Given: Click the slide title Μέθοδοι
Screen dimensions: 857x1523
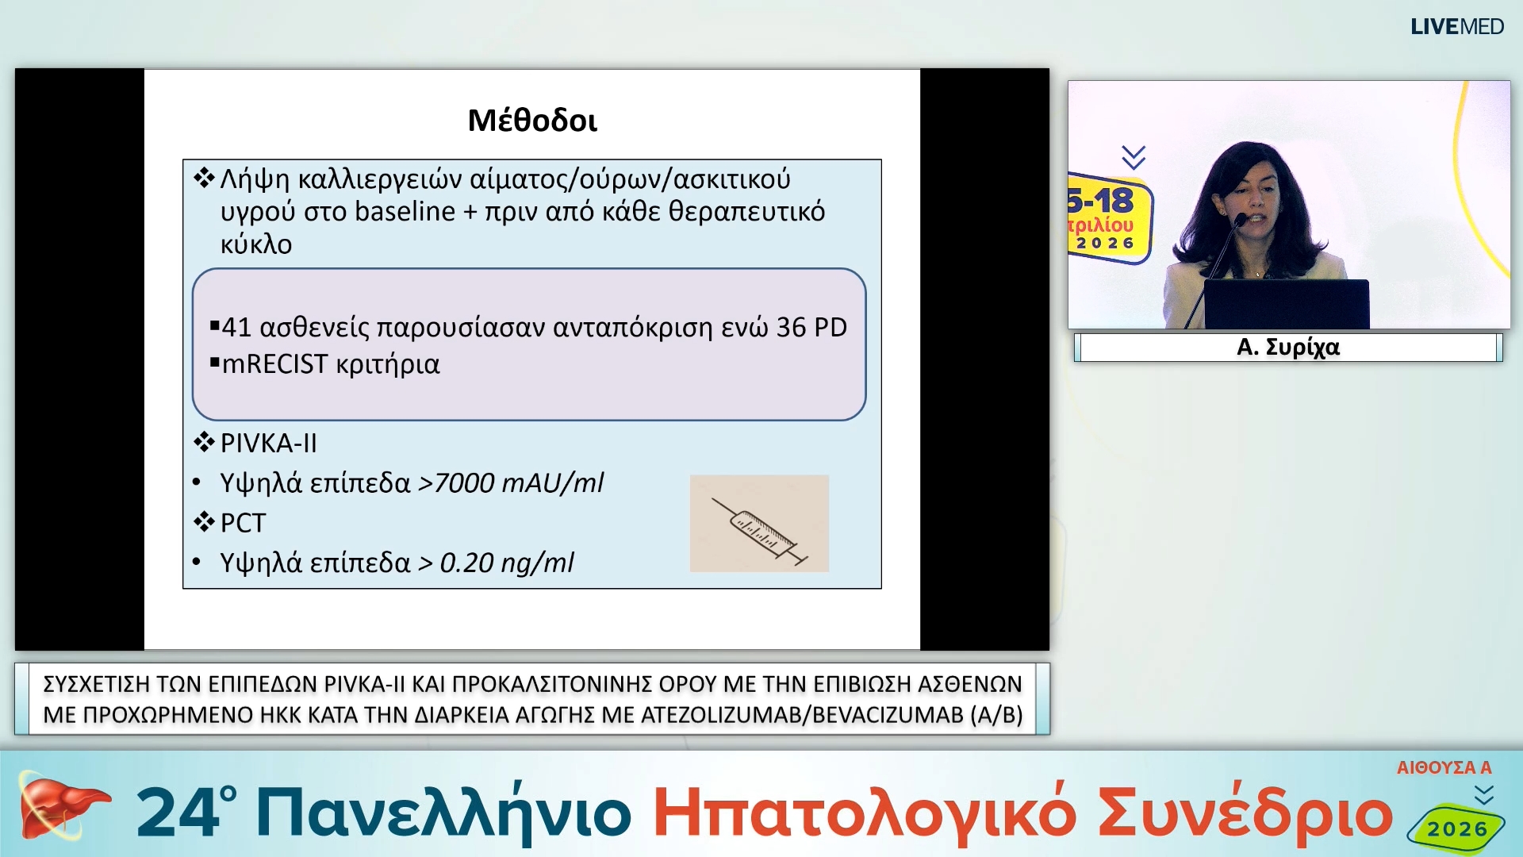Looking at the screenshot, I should (532, 121).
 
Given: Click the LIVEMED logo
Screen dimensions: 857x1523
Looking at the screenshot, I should (1456, 27).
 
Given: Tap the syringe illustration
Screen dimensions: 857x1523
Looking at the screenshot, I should (759, 524).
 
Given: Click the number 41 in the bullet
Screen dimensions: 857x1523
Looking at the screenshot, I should (236, 327).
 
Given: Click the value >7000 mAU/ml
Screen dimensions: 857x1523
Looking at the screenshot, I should (511, 482).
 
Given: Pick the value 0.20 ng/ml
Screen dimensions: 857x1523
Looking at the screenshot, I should (507, 563).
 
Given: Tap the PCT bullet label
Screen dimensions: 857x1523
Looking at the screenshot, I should (243, 523).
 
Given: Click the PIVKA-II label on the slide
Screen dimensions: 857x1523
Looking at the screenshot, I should (268, 443).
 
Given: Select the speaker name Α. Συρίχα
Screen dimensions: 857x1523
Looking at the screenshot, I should (1287, 348).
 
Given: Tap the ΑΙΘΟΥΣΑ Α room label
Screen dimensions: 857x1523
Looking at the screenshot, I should (1444, 767).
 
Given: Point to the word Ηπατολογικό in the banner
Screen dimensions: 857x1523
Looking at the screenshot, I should (864, 813).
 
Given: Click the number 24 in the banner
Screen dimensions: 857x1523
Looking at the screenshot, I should (179, 813).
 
